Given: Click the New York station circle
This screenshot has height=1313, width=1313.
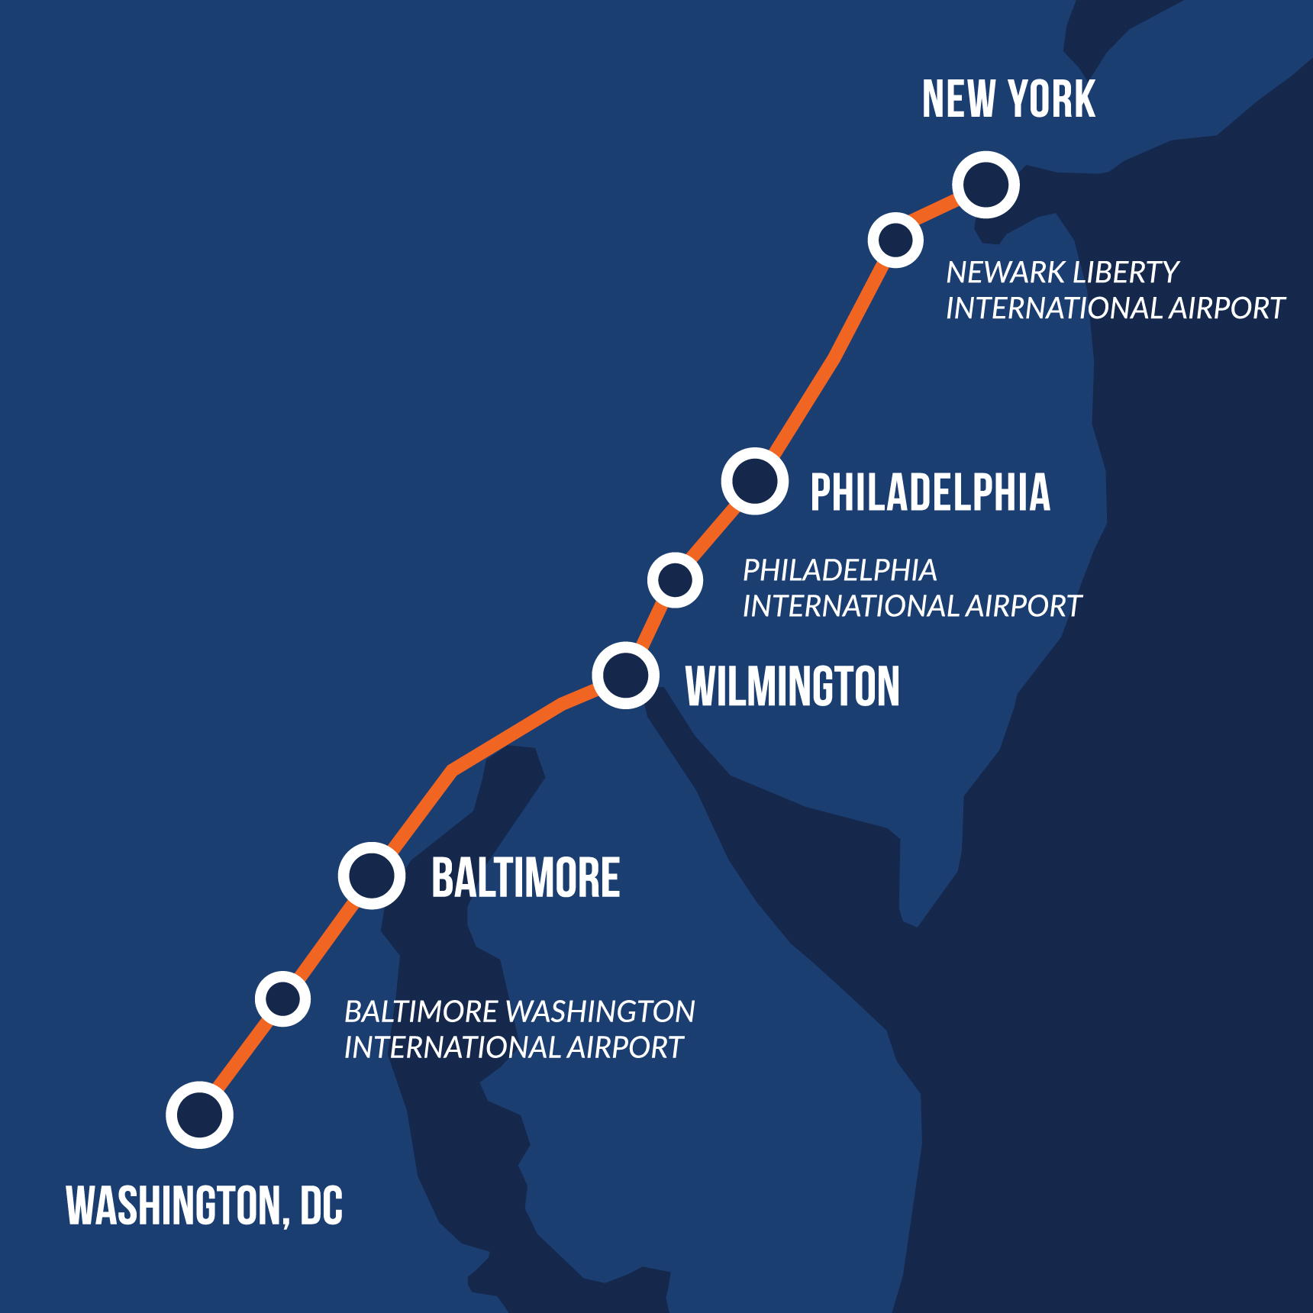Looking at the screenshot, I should [986, 185].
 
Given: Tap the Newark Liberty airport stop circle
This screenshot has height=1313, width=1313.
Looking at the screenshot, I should [895, 240].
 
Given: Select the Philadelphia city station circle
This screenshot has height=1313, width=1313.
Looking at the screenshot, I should [755, 481].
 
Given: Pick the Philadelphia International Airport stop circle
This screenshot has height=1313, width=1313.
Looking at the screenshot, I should [675, 580].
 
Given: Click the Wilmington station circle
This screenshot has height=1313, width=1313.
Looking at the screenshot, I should [626, 676].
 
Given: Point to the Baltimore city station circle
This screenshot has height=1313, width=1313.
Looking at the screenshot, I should [372, 876].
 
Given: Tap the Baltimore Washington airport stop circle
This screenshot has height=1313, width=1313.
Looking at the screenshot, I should [282, 998].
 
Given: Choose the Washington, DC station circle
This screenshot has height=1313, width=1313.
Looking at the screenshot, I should [199, 1115].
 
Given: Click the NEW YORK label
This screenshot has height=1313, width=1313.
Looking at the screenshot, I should [1008, 99].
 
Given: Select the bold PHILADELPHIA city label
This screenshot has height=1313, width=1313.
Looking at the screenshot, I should [930, 492].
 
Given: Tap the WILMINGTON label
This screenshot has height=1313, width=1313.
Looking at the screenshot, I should [792, 686].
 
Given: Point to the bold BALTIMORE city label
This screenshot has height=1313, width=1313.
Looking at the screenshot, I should [525, 878].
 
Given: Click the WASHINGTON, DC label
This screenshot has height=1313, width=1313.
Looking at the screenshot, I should [205, 1206].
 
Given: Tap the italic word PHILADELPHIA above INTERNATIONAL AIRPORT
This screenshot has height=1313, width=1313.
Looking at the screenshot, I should [840, 570].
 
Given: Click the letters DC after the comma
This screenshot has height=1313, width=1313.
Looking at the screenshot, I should [321, 1206].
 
